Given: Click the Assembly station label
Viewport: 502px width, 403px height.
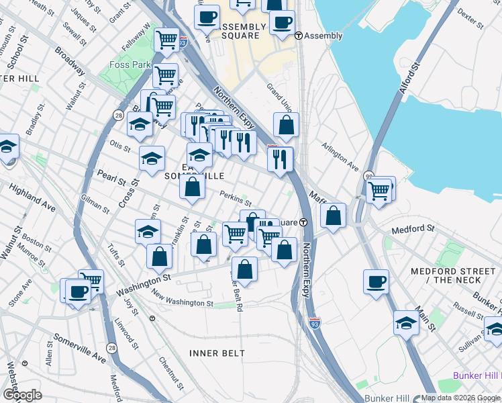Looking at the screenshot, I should click(323, 36).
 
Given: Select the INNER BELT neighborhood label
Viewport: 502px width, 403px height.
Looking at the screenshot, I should click(213, 353).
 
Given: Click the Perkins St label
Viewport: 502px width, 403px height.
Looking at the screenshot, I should click(236, 198).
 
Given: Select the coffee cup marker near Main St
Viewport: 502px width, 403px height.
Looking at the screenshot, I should click(376, 281).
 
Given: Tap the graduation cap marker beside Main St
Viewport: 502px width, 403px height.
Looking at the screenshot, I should click(406, 322).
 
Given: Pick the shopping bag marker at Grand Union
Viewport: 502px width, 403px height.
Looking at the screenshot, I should click(286, 126).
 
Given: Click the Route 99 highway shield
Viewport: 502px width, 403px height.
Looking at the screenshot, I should click(368, 175).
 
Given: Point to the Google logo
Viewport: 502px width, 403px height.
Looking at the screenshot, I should click(22, 395).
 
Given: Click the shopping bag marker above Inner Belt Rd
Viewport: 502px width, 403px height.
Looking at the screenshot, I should click(246, 269).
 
